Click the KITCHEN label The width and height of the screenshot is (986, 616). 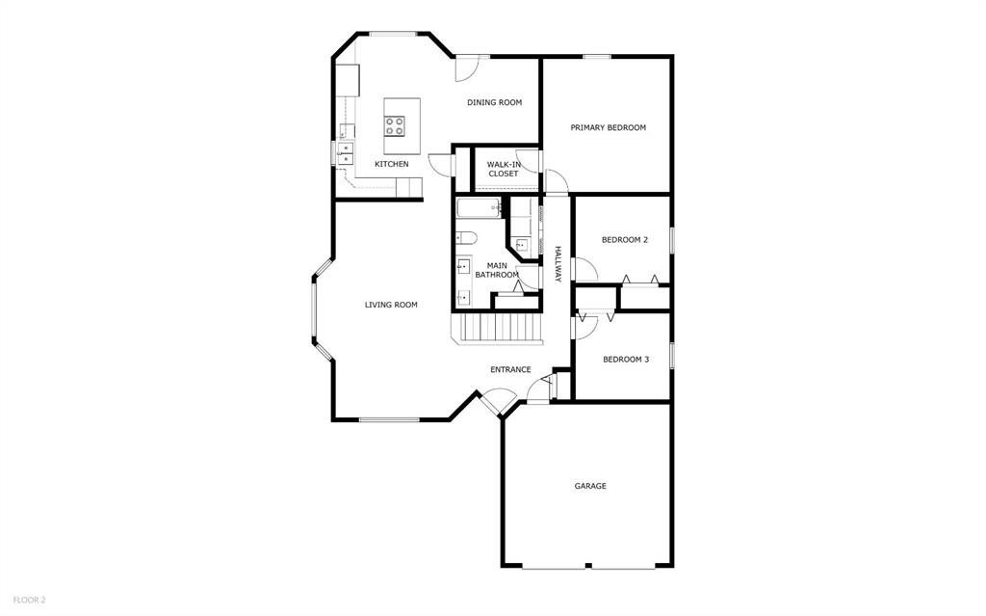[391, 164]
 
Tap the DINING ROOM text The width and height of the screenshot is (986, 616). [494, 102]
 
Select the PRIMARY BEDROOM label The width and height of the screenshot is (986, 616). [608, 127]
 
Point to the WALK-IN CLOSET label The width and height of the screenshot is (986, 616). [503, 169]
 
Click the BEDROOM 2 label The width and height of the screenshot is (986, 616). [624, 240]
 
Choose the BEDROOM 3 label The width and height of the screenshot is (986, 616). [626, 360]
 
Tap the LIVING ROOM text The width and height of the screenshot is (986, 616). [391, 305]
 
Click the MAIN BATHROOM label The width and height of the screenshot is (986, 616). [497, 270]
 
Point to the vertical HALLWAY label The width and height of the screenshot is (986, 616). [558, 263]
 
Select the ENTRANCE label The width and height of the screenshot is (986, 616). [510, 369]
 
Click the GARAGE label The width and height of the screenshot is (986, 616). [590, 486]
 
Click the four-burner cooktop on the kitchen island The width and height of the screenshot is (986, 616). [395, 124]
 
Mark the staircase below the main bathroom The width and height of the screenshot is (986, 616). [498, 328]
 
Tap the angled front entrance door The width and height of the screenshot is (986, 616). [497, 400]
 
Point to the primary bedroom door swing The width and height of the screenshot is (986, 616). [557, 181]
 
